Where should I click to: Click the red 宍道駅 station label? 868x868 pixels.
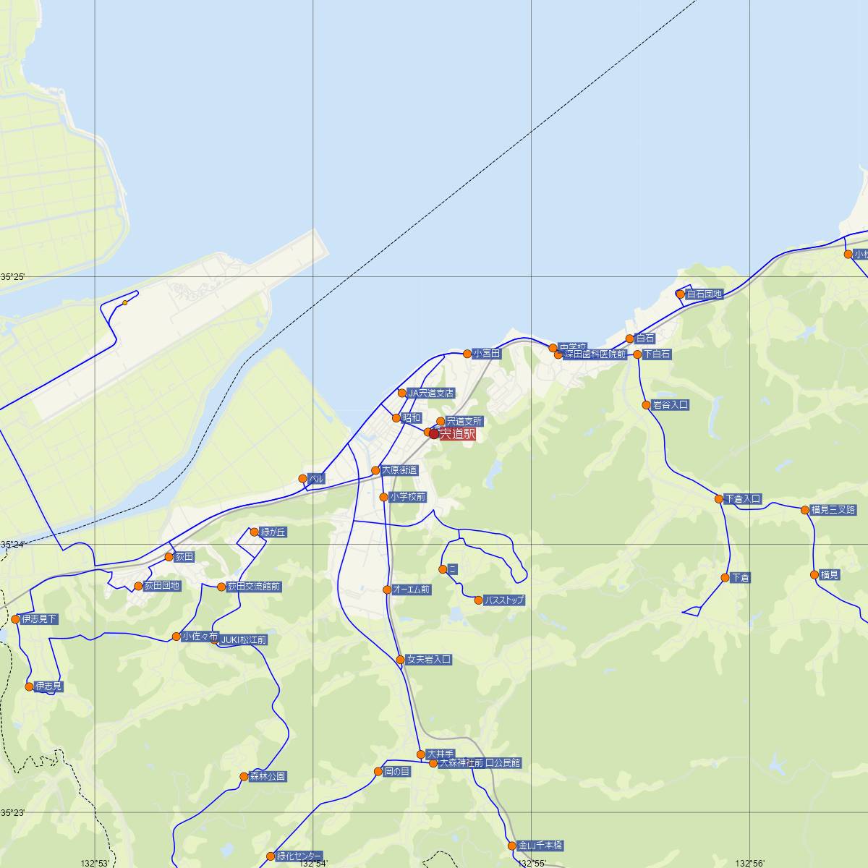pyautogui.click(x=457, y=434)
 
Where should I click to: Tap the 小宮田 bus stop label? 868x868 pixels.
pyautogui.click(x=487, y=354)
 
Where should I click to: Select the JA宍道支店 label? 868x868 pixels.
pyautogui.click(x=430, y=393)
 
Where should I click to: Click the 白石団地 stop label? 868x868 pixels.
pyautogui.click(x=704, y=294)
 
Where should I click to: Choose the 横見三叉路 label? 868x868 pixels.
pyautogui.click(x=833, y=510)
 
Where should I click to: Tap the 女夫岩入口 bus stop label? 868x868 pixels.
pyautogui.click(x=429, y=660)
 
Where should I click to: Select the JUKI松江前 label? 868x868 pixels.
pyautogui.click(x=244, y=640)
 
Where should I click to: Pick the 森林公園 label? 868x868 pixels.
pyautogui.click(x=268, y=777)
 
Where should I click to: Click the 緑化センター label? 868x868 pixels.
pyautogui.click(x=299, y=856)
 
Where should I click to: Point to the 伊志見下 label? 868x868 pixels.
pyautogui.click(x=40, y=619)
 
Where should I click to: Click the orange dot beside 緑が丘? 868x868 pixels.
pyautogui.click(x=254, y=532)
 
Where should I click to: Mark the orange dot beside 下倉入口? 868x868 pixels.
pyautogui.click(x=718, y=499)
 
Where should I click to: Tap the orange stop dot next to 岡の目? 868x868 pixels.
pyautogui.click(x=378, y=772)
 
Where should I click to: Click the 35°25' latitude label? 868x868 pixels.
pyautogui.click(x=12, y=277)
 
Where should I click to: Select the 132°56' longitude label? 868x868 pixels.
pyautogui.click(x=750, y=863)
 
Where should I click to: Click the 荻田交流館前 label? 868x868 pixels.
pyautogui.click(x=254, y=587)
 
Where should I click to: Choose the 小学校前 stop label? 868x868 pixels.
pyautogui.click(x=407, y=497)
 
